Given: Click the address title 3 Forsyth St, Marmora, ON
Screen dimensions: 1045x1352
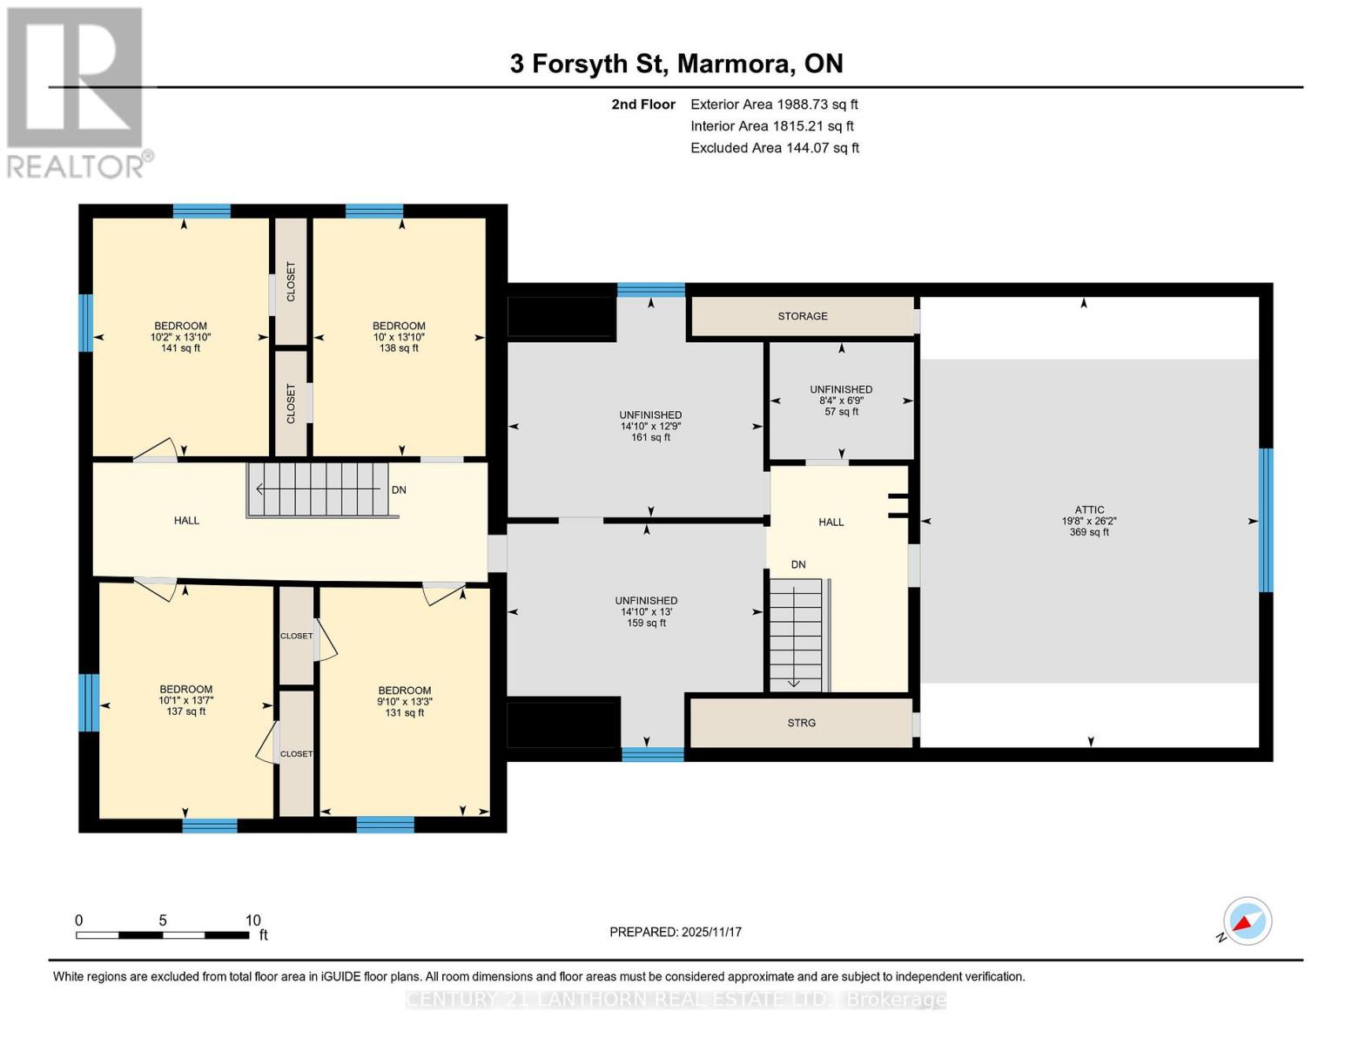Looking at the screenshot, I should click(676, 64).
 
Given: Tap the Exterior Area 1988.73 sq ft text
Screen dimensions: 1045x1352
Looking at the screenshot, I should click(774, 104).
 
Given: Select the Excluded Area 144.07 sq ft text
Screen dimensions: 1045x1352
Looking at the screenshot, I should click(774, 148).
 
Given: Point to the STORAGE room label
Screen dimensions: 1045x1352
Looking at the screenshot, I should click(803, 316).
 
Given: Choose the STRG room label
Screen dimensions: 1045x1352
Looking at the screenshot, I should click(801, 723).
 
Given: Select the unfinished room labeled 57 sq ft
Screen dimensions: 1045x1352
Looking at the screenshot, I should click(841, 401).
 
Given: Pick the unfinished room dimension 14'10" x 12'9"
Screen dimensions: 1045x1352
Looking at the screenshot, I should click(650, 427).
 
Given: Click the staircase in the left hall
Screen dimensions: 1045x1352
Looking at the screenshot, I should click(319, 490).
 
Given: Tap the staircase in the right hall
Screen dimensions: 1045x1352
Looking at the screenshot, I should click(796, 634).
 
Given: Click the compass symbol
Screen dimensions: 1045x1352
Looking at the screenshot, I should click(1247, 921).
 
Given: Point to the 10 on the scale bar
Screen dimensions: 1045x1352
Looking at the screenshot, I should click(252, 920).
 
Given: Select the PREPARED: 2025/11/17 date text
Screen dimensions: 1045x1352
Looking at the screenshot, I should click(676, 932).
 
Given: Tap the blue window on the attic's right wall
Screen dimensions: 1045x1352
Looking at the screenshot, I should click(1266, 520).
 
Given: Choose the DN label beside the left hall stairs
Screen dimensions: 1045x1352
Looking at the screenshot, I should click(399, 490).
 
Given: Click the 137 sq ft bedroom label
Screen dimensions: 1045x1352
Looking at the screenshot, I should click(185, 700).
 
